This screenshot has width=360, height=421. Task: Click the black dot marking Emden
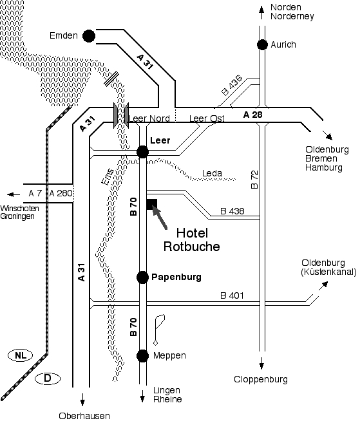tap(89, 36)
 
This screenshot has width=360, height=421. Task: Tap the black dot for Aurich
tap(262, 44)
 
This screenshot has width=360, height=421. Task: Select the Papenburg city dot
tap(142, 277)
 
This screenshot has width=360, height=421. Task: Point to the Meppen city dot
tap(142, 356)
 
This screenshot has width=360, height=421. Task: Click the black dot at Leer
tap(142, 152)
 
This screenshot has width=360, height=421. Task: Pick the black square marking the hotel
tap(152, 204)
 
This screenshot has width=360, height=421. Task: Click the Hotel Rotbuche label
tap(192, 239)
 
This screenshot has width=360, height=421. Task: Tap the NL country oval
tap(21, 355)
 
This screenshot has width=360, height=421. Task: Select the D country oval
tap(48, 379)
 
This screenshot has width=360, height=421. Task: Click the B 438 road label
tap(232, 211)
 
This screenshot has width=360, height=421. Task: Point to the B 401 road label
tap(232, 295)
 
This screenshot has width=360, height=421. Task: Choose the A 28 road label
tap(253, 115)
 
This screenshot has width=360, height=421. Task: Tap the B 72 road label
tap(254, 180)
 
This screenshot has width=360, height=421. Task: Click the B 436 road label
tap(232, 86)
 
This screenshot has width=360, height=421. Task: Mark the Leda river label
tap(212, 173)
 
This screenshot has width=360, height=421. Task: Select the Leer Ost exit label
tap(207, 118)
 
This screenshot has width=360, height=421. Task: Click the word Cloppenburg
tap(261, 380)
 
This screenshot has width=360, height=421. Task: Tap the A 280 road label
tap(61, 193)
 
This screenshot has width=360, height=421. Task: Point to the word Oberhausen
tap(84, 416)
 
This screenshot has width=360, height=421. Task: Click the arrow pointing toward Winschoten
tap(14, 194)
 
